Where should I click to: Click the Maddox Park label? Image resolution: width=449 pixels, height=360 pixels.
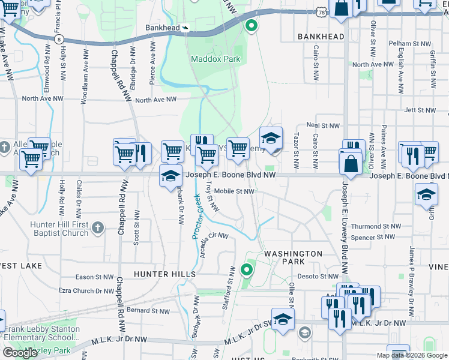click(x=215, y=59)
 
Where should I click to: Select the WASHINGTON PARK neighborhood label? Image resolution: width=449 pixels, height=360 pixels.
click(x=294, y=257)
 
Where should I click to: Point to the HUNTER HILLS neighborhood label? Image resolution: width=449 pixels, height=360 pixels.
click(x=164, y=274)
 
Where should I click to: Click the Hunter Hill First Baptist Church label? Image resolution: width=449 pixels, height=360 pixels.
click(x=55, y=229)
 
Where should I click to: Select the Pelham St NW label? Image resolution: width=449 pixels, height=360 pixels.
click(x=410, y=44)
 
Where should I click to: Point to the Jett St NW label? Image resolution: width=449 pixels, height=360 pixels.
click(x=418, y=110)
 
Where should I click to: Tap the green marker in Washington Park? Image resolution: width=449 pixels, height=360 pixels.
click(x=246, y=269)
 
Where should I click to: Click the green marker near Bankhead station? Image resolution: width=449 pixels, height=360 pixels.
click(x=251, y=26)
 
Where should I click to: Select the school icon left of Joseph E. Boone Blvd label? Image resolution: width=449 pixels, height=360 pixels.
click(x=170, y=175)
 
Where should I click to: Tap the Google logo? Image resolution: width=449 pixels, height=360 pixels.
click(x=20, y=353)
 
